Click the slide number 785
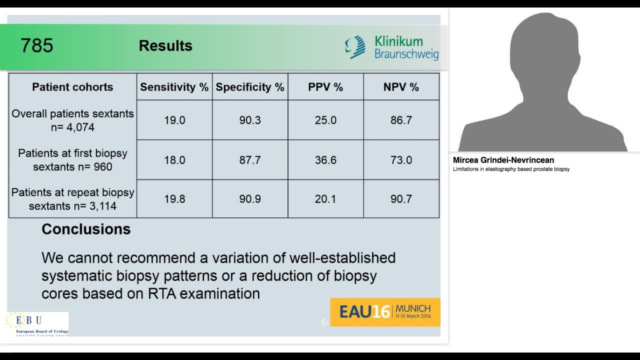[x=36, y=45]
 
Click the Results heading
[x=165, y=45]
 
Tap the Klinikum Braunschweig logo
[x=391, y=47]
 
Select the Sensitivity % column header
[x=174, y=87]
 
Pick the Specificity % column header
[x=249, y=87]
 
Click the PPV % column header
[x=325, y=87]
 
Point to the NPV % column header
[x=401, y=87]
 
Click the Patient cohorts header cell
[x=72, y=87]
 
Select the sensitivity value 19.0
[x=174, y=120]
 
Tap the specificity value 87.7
[x=250, y=160]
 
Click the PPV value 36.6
[x=325, y=160]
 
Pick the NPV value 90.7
[x=401, y=199]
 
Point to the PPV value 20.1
[x=325, y=199]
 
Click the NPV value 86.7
[x=401, y=120]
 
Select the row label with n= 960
[x=72, y=160]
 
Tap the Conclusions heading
[x=86, y=229]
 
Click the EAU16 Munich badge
[x=385, y=312]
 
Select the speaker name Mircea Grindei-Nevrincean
[x=503, y=160]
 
